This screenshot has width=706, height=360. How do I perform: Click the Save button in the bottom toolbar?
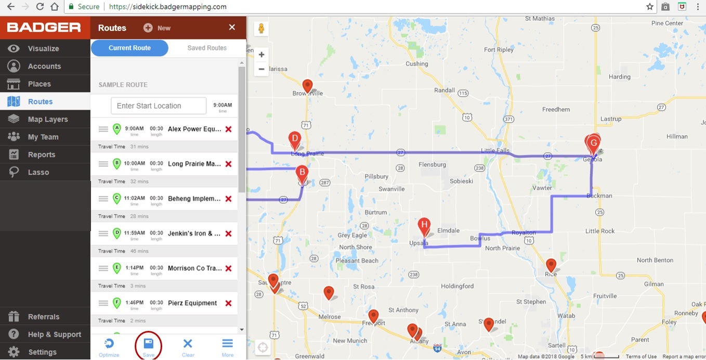148,346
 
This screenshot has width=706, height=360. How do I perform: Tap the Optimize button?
109,346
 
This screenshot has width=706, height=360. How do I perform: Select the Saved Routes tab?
207,48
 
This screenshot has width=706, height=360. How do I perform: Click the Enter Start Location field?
159,106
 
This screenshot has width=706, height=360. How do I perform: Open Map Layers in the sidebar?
48,119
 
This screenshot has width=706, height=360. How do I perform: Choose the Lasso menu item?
38,172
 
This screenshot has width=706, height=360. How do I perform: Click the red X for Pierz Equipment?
228,303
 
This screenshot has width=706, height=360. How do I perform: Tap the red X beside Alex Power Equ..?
228,129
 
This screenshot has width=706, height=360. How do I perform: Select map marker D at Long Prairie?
295,139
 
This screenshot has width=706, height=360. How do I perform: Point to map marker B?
302,174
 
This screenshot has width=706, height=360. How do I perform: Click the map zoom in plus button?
262,55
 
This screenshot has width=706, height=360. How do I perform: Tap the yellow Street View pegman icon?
262,29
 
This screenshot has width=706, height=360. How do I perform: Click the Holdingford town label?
457,286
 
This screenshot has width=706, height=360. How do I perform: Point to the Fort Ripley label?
499,50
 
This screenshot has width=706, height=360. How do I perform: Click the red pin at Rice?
551,265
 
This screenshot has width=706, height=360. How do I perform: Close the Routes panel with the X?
232,28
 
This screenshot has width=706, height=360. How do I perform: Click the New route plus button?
149,28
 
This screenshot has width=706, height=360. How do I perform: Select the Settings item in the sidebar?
43,352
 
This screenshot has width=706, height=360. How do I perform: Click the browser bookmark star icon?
650,7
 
